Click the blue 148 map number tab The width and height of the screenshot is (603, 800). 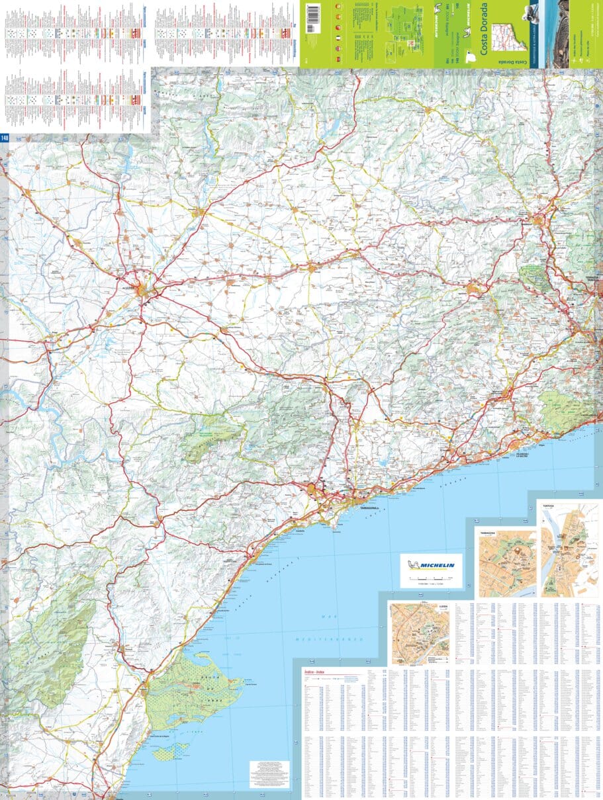[5, 138]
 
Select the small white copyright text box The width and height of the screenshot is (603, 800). [269, 774]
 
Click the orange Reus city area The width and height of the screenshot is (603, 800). [312, 490]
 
